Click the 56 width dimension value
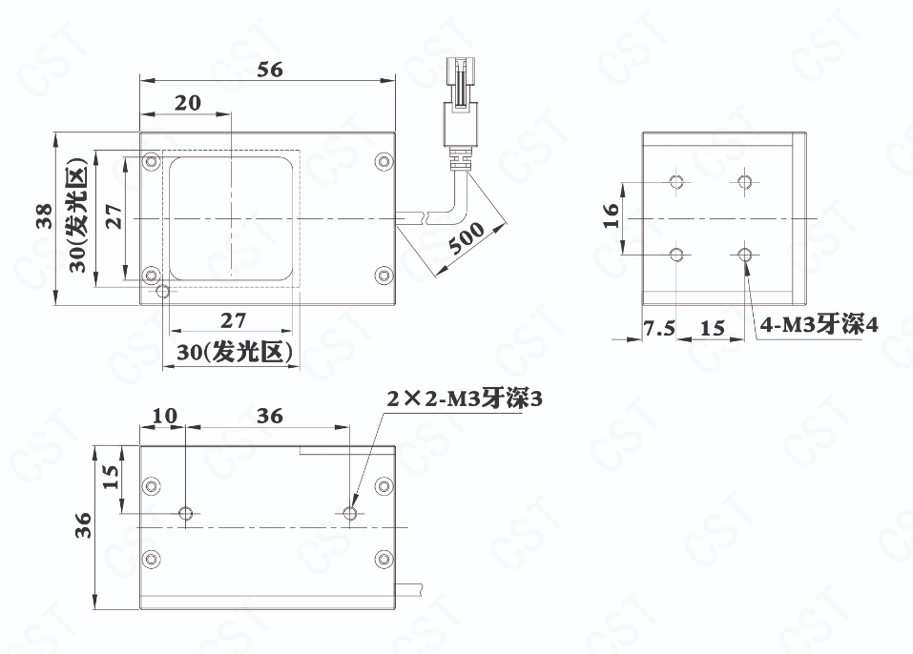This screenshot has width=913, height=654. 270,70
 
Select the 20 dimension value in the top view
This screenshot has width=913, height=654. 188,103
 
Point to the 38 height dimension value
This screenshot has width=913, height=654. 45,216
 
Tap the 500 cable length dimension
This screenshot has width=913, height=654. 467,238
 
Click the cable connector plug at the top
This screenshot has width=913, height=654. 461,101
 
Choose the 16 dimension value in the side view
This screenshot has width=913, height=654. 611,216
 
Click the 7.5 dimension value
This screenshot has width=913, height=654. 659,329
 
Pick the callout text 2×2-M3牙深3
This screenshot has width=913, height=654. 465,399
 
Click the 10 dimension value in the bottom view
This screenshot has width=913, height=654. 165,416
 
